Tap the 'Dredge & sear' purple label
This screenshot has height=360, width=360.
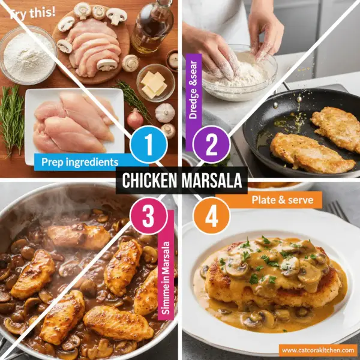pos(193,111)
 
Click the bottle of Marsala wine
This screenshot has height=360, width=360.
pos(151,27)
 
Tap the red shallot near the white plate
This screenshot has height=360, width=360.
pos(136,118)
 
